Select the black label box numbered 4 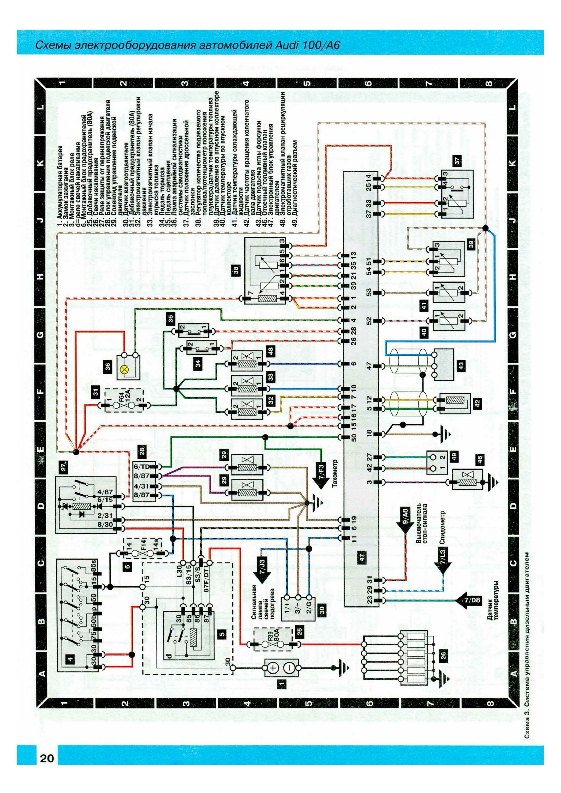[x=71, y=669]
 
